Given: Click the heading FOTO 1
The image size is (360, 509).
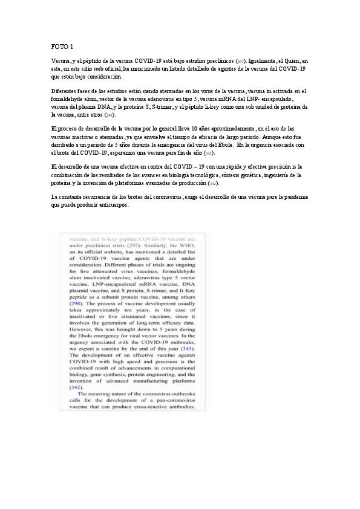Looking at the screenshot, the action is click(x=62, y=46).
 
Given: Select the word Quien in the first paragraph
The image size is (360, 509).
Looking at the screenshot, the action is click(x=297, y=61).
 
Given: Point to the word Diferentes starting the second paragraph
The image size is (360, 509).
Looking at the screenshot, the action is click(x=65, y=91).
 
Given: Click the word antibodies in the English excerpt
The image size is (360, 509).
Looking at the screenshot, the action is click(x=178, y=405).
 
